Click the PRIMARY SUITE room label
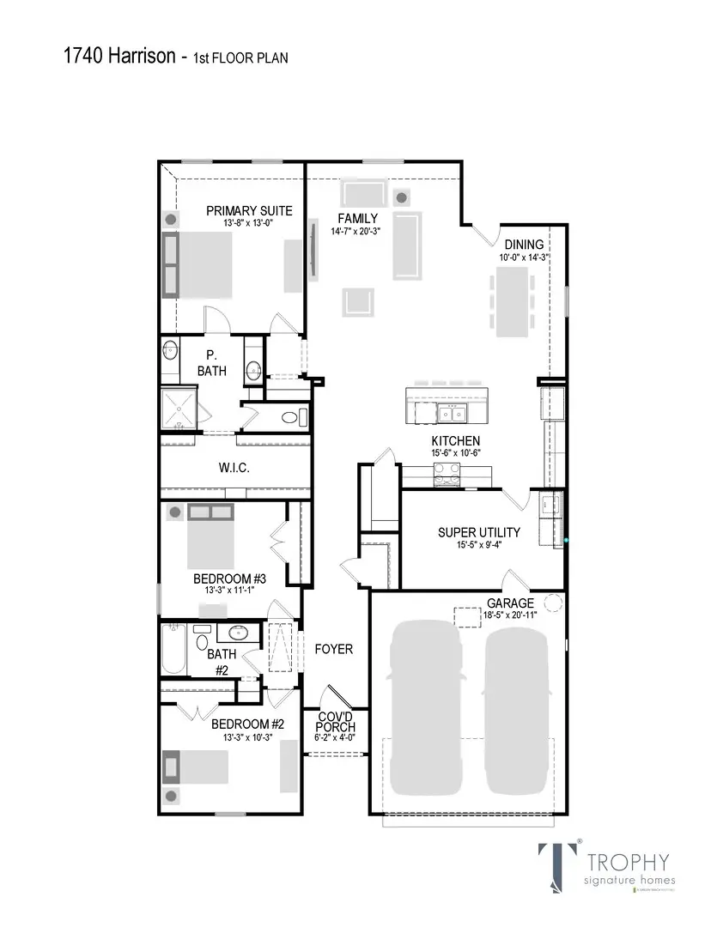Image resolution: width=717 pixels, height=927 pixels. [x=249, y=210]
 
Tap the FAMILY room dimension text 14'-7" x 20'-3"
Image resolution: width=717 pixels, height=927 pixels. [x=357, y=231]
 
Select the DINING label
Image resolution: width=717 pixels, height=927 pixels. [x=524, y=245]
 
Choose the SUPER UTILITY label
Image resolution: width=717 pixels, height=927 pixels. [x=479, y=532]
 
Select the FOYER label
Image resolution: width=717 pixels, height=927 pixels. [x=333, y=650]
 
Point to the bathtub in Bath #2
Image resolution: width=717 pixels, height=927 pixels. [x=174, y=653]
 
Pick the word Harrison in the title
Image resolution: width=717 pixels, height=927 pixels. [x=139, y=58]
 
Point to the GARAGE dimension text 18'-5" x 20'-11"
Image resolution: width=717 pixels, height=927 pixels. [x=510, y=615]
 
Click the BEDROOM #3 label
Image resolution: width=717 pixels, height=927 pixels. [x=229, y=579]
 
